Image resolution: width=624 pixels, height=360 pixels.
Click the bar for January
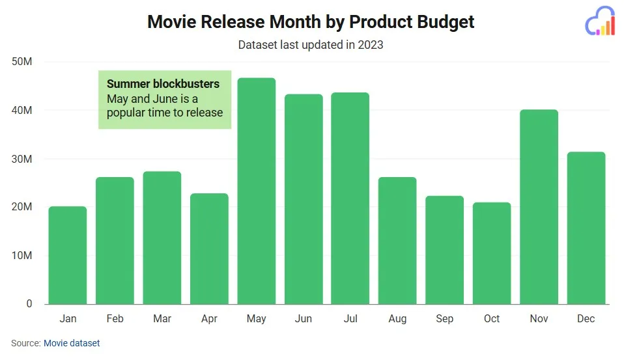[68, 255]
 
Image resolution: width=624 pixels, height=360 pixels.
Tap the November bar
[539, 206]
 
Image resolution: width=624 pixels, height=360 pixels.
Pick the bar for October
[492, 253]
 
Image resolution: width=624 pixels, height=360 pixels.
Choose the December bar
[586, 228]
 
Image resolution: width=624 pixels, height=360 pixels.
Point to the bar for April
[209, 249]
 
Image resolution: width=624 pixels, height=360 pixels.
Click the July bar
[350, 198]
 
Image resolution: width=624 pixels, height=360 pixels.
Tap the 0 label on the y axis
[29, 304]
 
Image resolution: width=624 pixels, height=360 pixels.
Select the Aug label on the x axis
[397, 318]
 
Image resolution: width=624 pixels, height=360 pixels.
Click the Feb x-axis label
[115, 318]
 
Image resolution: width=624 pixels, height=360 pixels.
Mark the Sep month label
[444, 318]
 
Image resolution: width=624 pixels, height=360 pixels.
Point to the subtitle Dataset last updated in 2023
[311, 45]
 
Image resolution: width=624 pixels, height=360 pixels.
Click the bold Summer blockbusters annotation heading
[163, 84]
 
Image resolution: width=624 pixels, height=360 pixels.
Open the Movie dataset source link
[72, 342]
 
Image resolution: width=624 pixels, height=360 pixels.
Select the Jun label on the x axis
[303, 318]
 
